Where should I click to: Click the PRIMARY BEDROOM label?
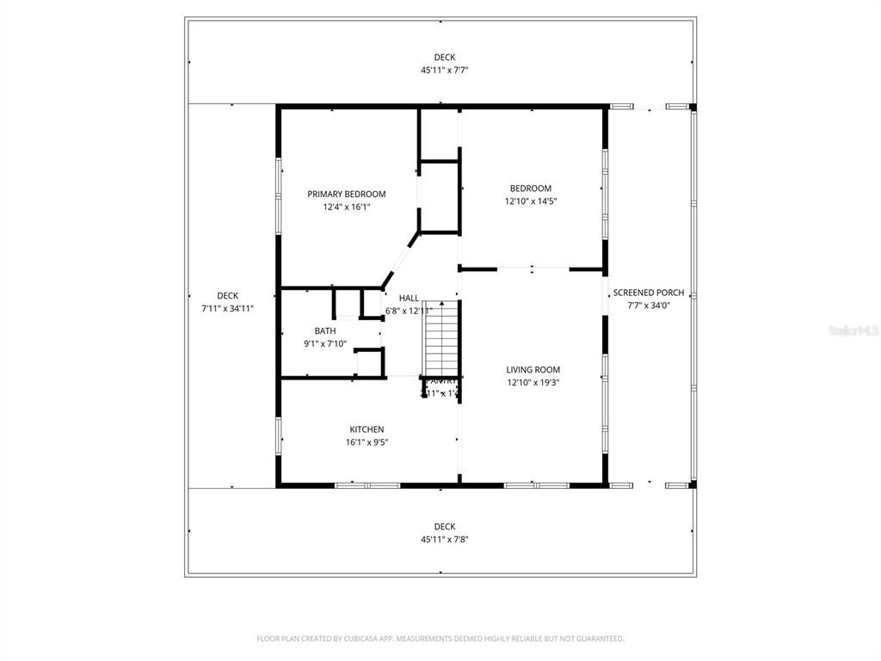click(x=347, y=195)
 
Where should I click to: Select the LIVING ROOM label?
click(x=533, y=370)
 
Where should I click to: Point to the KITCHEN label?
click(x=367, y=429)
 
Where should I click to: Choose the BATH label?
click(x=325, y=330)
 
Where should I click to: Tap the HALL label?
click(x=409, y=298)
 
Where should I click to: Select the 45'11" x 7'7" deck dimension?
click(x=444, y=71)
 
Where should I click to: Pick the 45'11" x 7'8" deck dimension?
click(x=444, y=540)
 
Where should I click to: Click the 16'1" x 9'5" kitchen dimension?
click(x=367, y=442)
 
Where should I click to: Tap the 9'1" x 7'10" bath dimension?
click(x=325, y=343)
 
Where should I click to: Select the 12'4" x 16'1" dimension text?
click(x=347, y=207)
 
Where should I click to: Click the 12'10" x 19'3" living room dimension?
click(x=533, y=383)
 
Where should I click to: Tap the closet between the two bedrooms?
click(x=440, y=196)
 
